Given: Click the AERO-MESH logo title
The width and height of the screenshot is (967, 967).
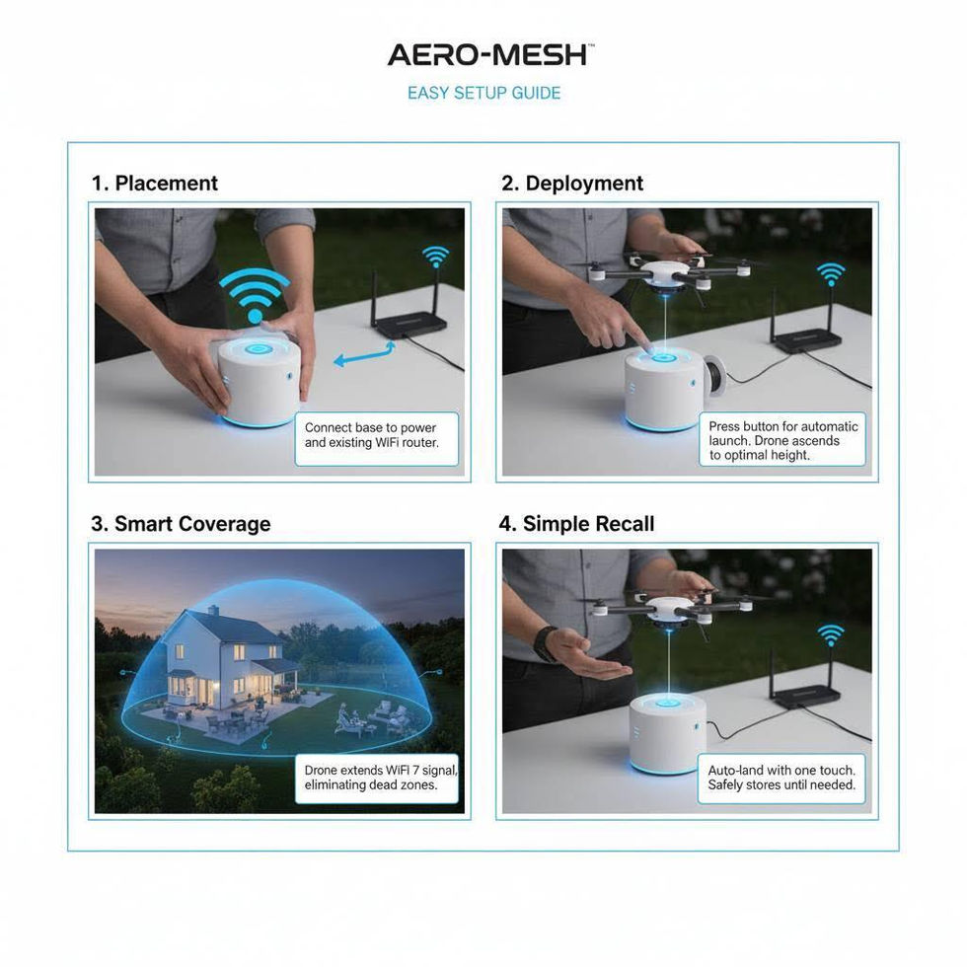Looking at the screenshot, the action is coord(487,55).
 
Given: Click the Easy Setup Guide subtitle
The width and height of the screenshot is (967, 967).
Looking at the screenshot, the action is coord(484,93).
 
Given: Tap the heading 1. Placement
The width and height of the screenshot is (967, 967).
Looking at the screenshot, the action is coord(154,184).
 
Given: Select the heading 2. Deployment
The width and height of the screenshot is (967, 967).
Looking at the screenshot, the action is coord(572,184).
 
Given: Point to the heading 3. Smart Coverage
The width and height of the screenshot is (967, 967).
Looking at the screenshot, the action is coord(181,524).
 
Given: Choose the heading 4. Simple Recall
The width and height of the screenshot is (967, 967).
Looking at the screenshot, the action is coord(576,524).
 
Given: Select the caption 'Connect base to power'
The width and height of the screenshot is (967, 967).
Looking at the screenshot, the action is coord(370,427).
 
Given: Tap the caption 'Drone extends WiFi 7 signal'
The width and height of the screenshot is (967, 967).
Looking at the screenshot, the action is coord(381,770).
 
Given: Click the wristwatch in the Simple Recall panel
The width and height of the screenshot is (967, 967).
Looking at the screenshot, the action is coord(544,643).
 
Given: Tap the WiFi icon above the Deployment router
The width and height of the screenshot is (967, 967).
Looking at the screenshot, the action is coord(831,273).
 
